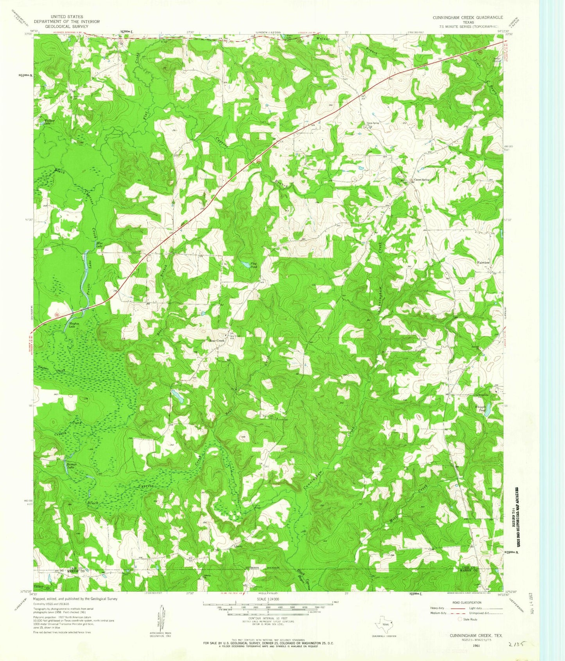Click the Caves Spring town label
tap(422, 180)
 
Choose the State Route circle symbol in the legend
tap(459, 619)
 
